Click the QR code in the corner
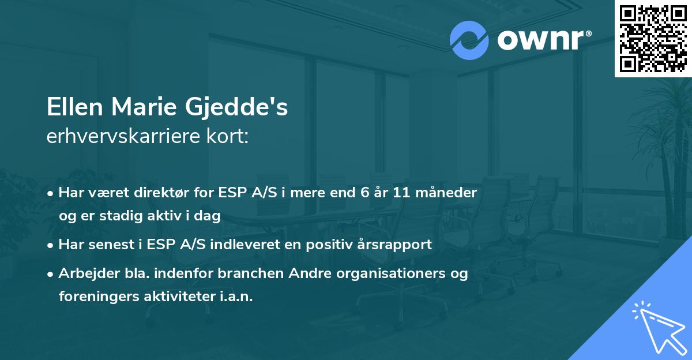[653, 38]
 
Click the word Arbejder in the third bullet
[85, 273]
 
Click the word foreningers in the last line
[94, 297]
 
